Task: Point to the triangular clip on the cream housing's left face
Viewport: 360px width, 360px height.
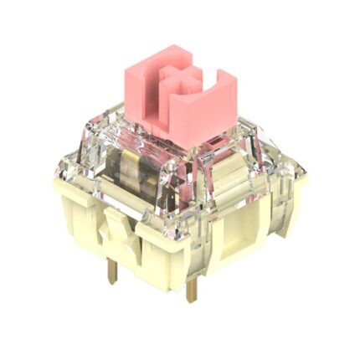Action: point(111,238)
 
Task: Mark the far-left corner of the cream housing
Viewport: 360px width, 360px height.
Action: point(56,180)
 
